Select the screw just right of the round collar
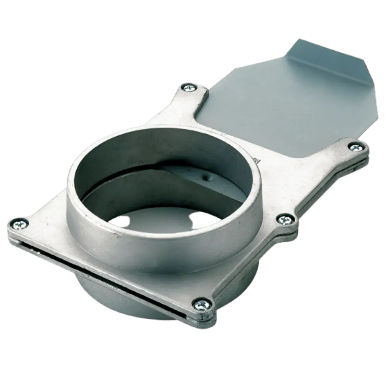pyautogui.click(x=283, y=219)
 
